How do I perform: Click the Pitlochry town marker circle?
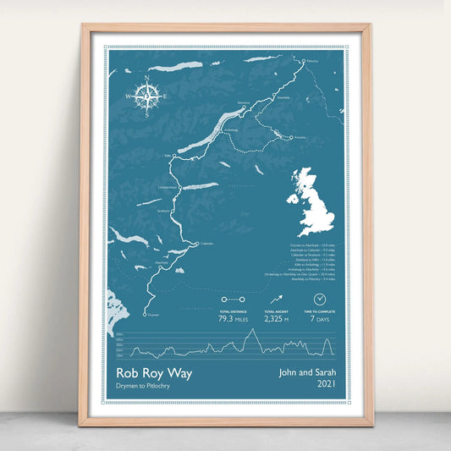pyautogui.click(x=303, y=60)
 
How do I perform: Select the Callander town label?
pyautogui.click(x=206, y=244)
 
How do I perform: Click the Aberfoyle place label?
pyautogui.click(x=162, y=263)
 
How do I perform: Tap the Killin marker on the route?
pyautogui.click(x=177, y=157)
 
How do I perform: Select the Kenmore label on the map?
pyautogui.click(x=245, y=103)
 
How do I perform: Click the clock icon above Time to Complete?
pyautogui.click(x=320, y=300)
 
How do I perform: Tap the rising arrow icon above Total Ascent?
pyautogui.click(x=277, y=300)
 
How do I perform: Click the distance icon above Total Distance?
pyautogui.click(x=232, y=300)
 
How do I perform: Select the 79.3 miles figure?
pyautogui.click(x=232, y=319)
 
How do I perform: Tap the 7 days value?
pyautogui.click(x=320, y=319)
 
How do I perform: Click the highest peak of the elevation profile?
pyautogui.click(x=251, y=332)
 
